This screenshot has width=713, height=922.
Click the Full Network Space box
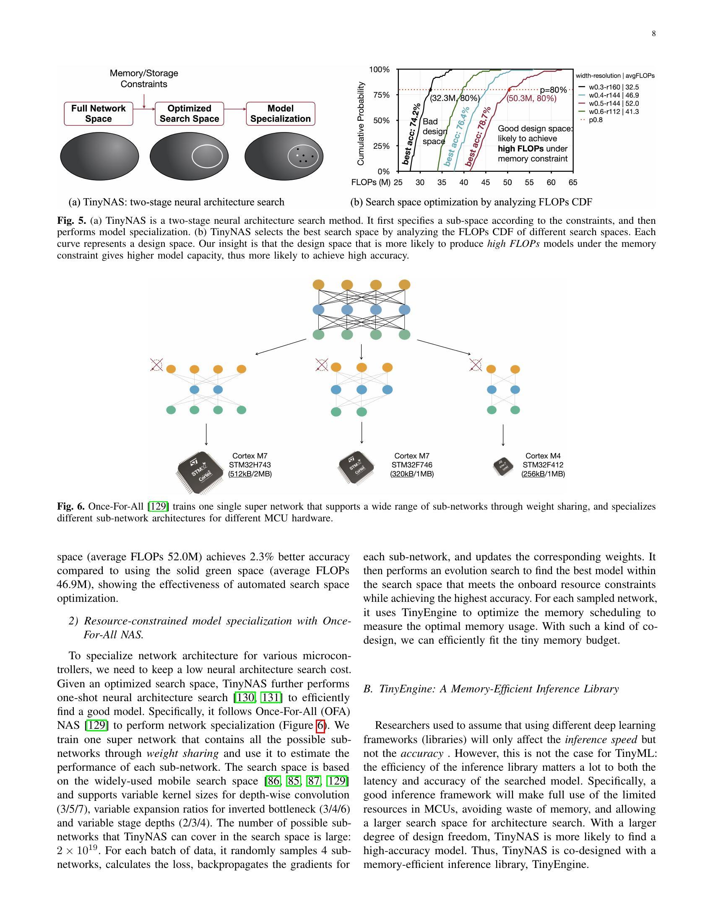coord(99,114)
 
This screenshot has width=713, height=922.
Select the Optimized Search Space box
coord(189,114)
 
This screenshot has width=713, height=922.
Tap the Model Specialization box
coord(281,114)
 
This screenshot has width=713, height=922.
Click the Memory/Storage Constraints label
coord(144,78)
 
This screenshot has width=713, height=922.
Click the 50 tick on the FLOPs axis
coord(507,182)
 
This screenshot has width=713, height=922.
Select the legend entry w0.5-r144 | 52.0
coord(613,104)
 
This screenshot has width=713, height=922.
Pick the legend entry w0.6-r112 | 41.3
coord(613,111)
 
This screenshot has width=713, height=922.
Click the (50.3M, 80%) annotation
coord(531,99)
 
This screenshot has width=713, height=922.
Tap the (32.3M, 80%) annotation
coord(455,99)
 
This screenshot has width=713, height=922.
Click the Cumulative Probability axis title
coord(360,123)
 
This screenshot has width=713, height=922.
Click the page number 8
coord(653,34)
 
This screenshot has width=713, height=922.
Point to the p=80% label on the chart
coord(553,91)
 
